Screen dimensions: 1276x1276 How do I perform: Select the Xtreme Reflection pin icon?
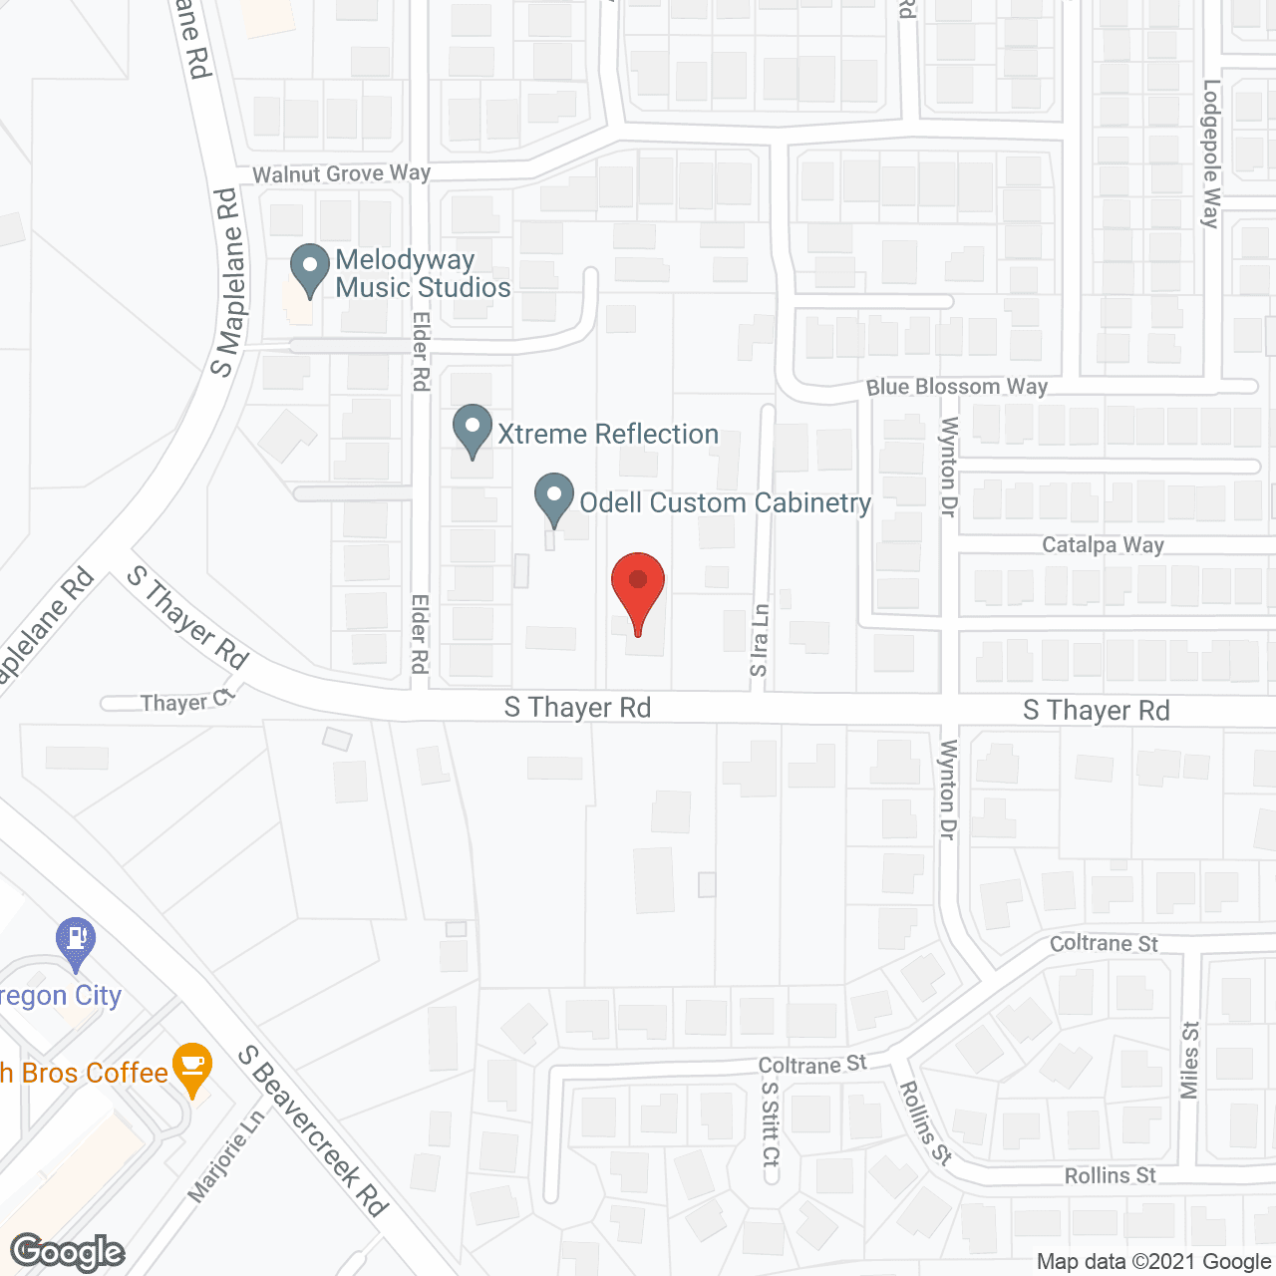472,429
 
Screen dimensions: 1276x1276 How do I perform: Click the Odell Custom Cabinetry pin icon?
554,498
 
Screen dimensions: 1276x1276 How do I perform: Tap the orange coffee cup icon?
192,1068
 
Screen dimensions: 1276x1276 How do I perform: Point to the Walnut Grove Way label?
341,173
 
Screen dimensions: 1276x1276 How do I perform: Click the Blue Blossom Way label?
956,387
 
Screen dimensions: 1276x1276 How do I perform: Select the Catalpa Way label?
1103,545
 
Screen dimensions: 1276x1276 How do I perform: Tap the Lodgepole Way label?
1211,155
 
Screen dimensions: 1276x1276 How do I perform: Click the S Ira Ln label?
760,640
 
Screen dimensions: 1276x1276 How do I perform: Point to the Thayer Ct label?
186,702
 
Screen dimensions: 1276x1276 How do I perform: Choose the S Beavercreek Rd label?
313,1130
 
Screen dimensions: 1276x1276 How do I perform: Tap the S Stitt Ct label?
770,1123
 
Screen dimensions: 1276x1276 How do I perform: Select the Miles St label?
1189,1059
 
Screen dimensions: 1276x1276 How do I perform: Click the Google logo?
68,1252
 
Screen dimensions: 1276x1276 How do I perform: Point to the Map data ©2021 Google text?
1153,1262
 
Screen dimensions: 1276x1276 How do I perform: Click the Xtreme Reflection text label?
608,434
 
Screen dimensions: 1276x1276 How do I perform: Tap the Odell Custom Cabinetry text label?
726,502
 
